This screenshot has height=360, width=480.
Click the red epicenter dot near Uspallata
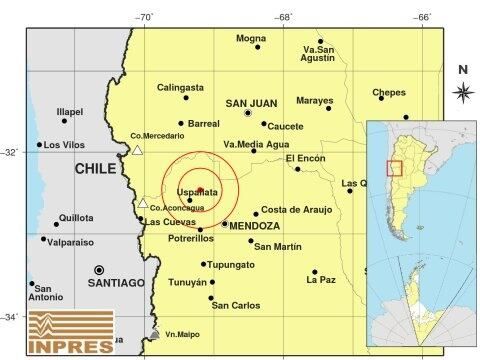coord(200,188)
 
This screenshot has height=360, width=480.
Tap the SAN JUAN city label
coord(250,102)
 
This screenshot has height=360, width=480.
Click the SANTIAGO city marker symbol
coord(100,270)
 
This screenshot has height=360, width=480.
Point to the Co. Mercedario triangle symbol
coord(138,151)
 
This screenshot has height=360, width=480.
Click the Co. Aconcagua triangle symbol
coord(143,203)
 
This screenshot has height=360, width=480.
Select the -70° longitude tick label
coord(144,16)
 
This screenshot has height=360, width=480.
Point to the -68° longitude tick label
coord(284,16)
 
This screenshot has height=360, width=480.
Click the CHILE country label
coord(96,170)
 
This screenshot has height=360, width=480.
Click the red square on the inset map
coord(394,168)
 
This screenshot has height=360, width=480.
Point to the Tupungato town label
coord(233,265)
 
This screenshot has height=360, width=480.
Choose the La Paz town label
coord(321,281)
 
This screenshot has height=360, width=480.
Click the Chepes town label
coord(389,93)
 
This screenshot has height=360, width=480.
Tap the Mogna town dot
coord(258,47)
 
